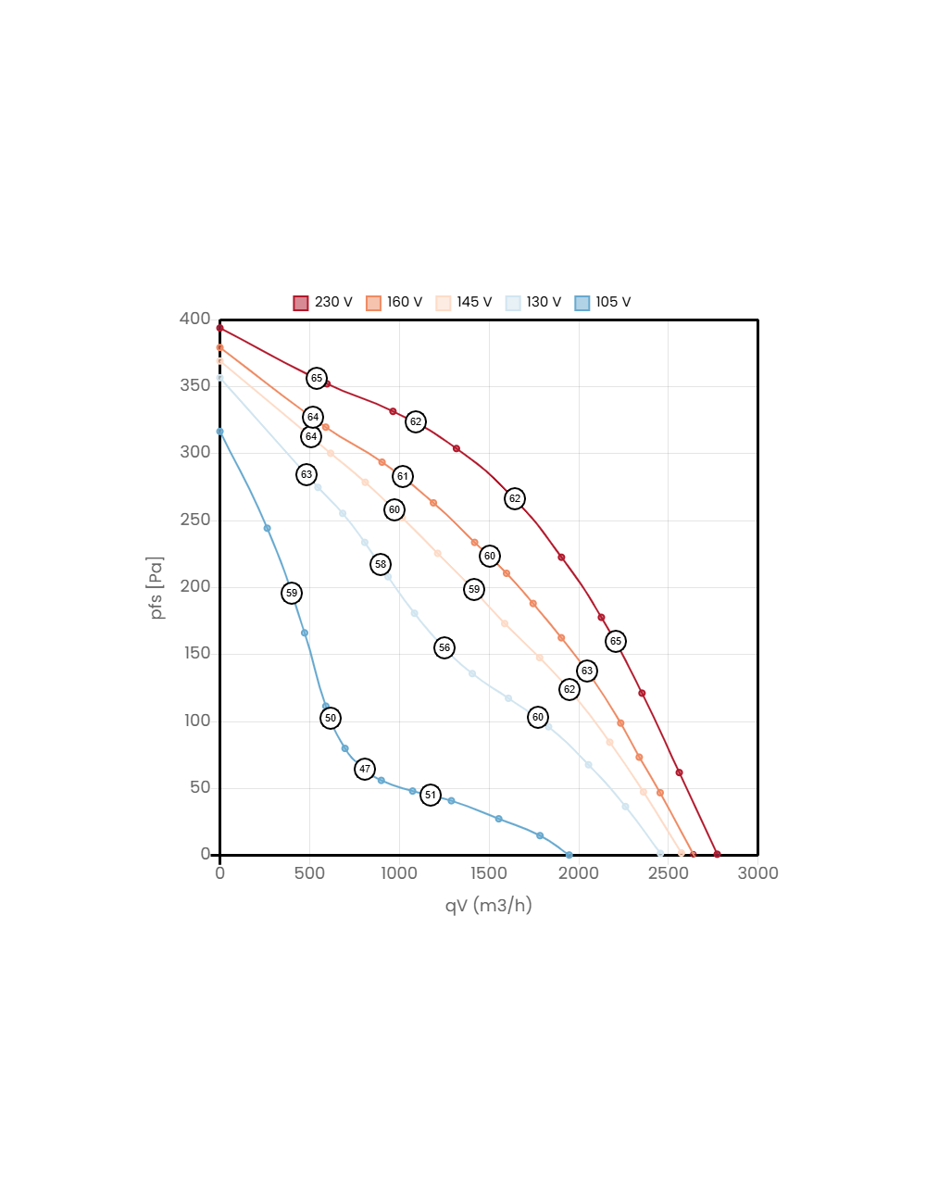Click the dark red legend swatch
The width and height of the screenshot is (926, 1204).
pos(301,304)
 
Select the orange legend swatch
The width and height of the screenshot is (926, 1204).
pos(373,304)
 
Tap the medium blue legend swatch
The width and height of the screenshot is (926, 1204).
pos(582,304)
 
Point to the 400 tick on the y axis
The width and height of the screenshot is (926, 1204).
pos(195,319)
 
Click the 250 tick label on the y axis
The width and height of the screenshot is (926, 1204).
pos(195,520)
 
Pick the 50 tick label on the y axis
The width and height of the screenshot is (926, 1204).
pos(200,787)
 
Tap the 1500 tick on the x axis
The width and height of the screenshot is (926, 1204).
pos(488,873)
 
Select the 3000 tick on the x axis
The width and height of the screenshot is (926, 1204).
pos(757,873)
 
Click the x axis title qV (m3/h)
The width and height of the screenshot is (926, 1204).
pos(488,905)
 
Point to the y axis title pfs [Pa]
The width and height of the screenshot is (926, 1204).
pos(156,588)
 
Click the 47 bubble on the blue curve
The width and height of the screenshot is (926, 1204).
pos(365,769)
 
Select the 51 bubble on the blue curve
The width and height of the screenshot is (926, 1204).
pos(430,796)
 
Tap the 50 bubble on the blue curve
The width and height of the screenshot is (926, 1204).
pos(331,718)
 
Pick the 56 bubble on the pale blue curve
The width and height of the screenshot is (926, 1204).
pos(444,648)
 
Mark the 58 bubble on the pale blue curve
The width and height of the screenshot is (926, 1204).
pos(381,564)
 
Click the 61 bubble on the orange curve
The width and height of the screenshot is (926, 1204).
pos(402,477)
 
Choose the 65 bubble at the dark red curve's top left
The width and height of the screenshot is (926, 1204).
pos(317,378)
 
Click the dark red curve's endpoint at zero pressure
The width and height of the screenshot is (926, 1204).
pos(717,854)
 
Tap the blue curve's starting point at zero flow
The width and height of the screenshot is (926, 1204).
pos(219,432)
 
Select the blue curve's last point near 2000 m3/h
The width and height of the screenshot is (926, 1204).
pos(569,855)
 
